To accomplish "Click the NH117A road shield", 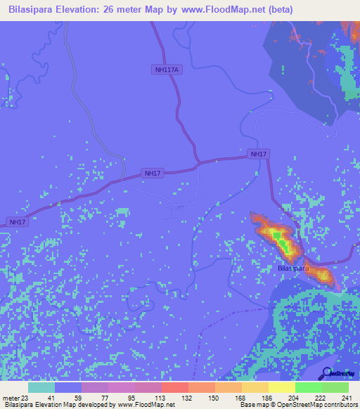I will click(166, 69).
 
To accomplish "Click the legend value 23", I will click(27, 398).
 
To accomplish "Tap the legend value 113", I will click(161, 398).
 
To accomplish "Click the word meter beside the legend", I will click(11, 398).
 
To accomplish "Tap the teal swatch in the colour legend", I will click(41, 387).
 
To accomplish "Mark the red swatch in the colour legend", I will click(174, 387).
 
